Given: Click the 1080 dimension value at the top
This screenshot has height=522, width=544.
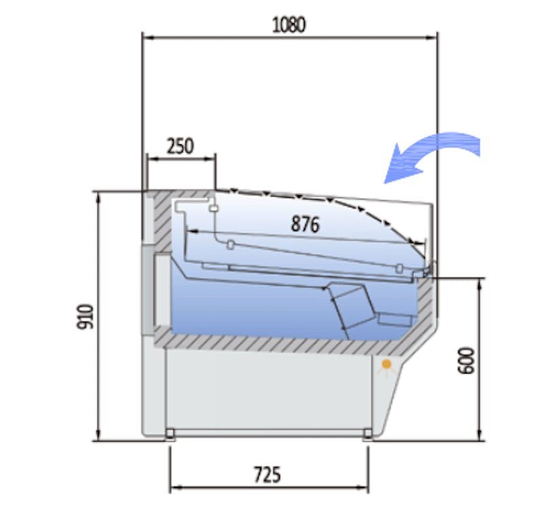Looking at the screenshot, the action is [289, 25].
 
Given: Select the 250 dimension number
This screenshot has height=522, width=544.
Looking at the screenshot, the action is [180, 146].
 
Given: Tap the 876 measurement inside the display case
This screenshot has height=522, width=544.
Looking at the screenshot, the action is [305, 224].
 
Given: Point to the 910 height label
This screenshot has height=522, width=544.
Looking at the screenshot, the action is [86, 316].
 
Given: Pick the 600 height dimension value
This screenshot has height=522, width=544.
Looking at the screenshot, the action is [466, 360].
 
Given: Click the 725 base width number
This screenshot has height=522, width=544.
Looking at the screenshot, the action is [267, 475].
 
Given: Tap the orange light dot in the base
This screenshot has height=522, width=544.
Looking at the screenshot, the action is [386, 364].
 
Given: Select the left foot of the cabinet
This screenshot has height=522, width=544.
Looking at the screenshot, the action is [169, 434].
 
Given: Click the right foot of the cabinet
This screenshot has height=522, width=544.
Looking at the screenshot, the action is [368, 434].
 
